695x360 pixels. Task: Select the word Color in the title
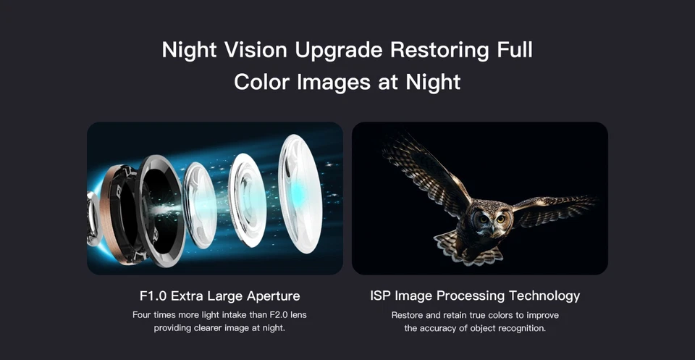pos(262,81)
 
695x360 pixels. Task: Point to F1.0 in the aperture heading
pos(152,296)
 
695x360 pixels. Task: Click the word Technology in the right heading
pos(544,296)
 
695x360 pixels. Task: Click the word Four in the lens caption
pos(143,315)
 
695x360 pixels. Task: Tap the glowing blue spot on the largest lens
pos(299,190)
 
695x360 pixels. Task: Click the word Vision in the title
pos(243,51)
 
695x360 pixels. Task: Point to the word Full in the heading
pos(512,51)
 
